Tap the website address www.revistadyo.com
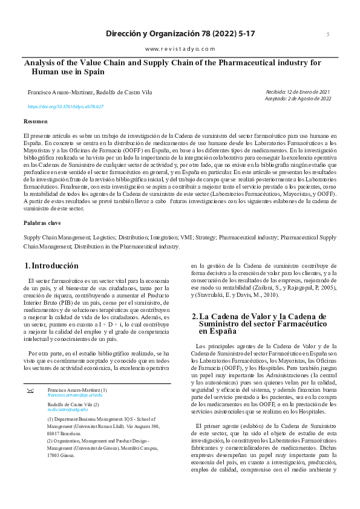tap(180, 48)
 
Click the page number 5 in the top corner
tap(328, 34)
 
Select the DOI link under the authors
tap(66, 106)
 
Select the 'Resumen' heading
tap(34, 122)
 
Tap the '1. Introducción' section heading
tap(51, 266)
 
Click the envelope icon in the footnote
tap(30, 391)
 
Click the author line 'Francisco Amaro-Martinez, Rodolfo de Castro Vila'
tap(90, 92)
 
